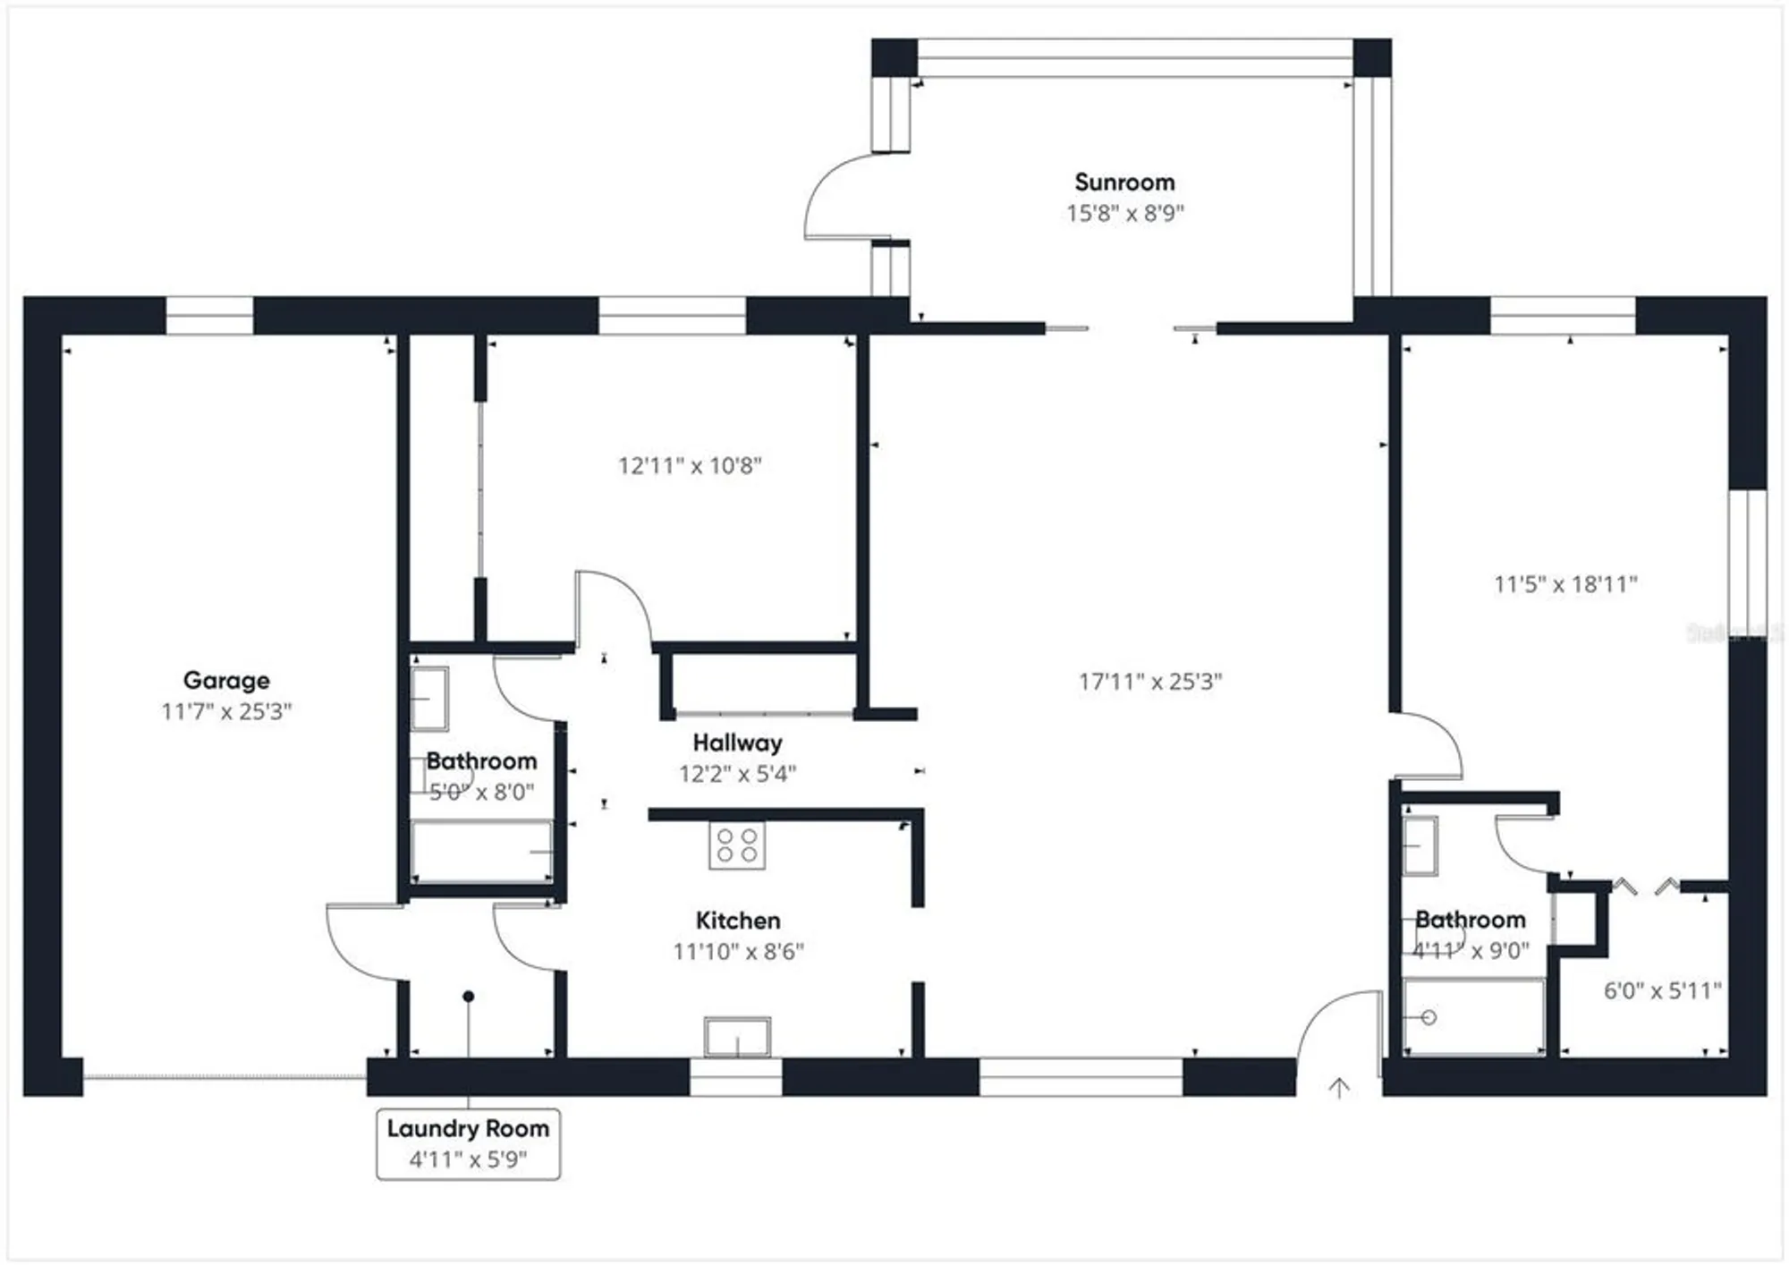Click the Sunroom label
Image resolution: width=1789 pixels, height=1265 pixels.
click(x=1124, y=183)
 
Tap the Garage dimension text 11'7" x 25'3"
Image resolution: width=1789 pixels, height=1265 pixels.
click(x=226, y=711)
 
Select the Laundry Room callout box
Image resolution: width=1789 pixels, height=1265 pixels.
click(x=468, y=1144)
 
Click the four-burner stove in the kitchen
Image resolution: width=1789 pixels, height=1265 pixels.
click(x=737, y=845)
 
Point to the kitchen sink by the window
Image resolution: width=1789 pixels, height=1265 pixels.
click(x=737, y=1037)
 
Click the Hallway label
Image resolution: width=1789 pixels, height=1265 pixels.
click(x=737, y=743)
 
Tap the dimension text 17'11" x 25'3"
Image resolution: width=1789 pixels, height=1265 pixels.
click(x=1149, y=682)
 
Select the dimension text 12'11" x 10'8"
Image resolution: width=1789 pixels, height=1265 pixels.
click(x=690, y=465)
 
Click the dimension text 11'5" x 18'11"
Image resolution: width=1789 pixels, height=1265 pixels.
click(x=1565, y=584)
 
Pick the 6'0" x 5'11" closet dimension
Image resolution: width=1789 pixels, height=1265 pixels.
click(x=1662, y=990)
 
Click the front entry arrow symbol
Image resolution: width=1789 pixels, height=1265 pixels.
click(x=1338, y=1088)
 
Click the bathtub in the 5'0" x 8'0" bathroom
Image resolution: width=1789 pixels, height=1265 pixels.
click(x=481, y=851)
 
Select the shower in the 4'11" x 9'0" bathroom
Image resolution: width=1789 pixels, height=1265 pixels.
click(x=1473, y=1017)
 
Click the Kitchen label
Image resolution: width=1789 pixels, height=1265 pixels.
click(x=737, y=921)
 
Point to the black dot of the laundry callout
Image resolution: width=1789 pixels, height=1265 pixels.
click(x=468, y=996)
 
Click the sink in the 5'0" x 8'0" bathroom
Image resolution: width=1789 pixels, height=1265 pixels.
click(x=429, y=698)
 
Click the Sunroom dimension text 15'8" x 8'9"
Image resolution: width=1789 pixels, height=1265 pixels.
click(x=1124, y=213)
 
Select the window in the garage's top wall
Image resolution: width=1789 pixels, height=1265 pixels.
click(x=209, y=316)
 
